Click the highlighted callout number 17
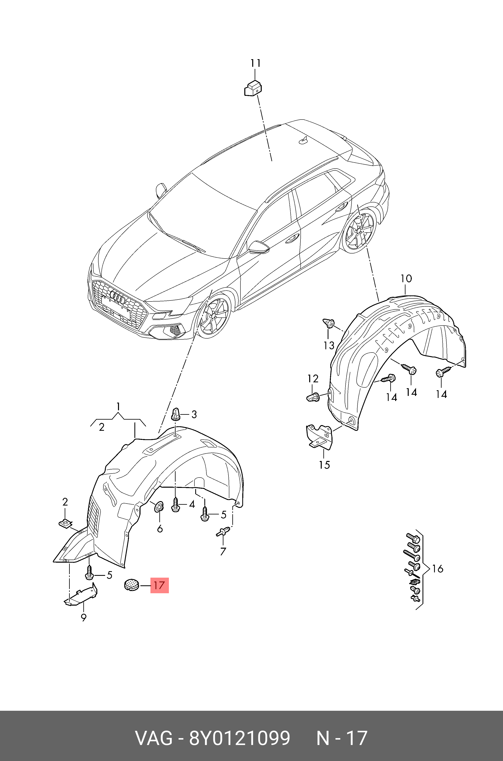coord(159,585)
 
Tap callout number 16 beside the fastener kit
coord(438,569)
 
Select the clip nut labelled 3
coord(176,414)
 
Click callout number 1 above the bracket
coord(118,407)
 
